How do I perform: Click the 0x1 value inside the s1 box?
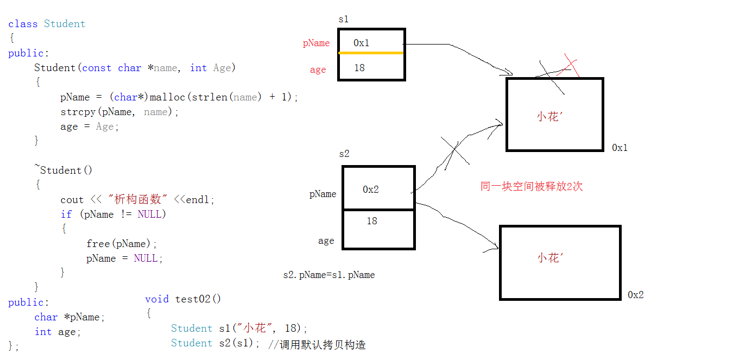361,43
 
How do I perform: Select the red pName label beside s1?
316,43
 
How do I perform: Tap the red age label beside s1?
318,70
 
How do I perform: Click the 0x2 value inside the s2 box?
371,190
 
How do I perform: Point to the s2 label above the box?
344,154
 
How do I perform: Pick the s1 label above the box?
343,20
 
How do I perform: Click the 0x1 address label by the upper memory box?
620,148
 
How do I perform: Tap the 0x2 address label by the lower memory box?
635,295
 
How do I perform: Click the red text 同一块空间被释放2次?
532,187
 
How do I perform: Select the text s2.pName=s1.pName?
329,275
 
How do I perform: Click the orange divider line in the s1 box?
371,53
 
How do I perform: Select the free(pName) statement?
121,244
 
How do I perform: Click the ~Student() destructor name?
64,170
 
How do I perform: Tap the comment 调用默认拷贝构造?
323,344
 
